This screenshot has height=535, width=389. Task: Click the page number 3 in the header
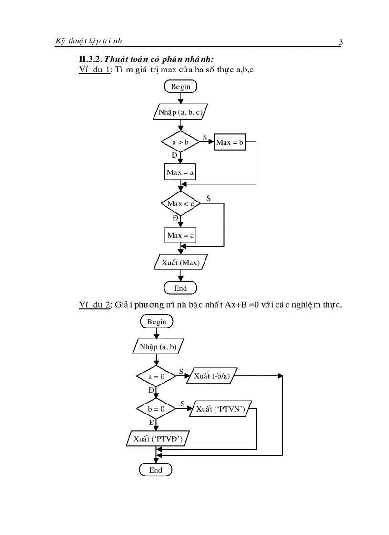pos(340,42)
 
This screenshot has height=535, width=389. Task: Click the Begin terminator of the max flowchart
pos(180,86)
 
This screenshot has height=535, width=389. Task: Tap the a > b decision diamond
pos(180,142)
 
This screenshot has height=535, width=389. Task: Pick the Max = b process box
pos(230,142)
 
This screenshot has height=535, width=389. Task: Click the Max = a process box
pos(180,172)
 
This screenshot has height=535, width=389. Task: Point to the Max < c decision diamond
pos(180,204)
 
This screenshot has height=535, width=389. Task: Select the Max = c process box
pos(180,235)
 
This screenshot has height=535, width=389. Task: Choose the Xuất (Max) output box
pos(180,262)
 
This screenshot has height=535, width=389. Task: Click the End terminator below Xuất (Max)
pos(180,288)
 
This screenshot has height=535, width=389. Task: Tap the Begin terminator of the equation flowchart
pos(156,322)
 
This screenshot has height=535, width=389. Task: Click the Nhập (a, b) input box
pos(158,346)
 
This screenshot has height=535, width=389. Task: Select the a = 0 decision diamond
pos(156,376)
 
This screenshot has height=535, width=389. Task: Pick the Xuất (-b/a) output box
pos(212,376)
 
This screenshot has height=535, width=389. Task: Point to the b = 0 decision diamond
pos(156,409)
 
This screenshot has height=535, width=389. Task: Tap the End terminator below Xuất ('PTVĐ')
pos(155,470)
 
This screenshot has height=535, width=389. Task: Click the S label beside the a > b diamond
pos(205,137)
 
